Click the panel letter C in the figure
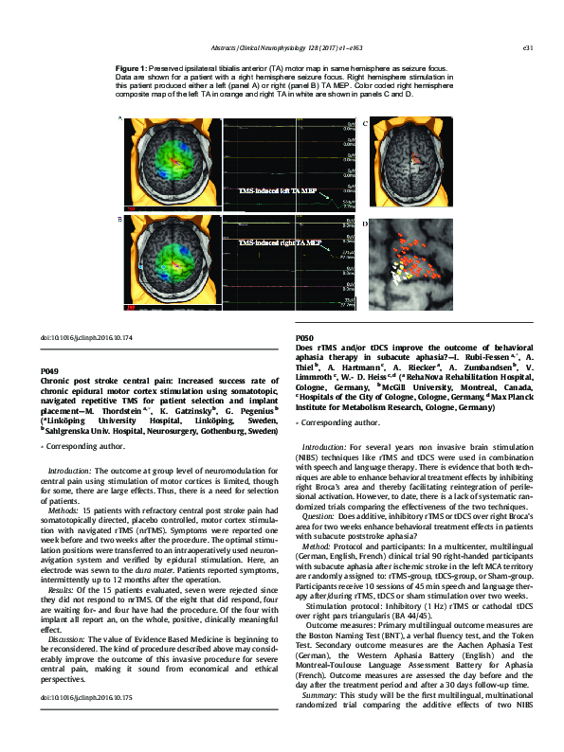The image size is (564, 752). pyautogui.click(x=365, y=123)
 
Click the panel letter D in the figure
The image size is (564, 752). pyautogui.click(x=365, y=224)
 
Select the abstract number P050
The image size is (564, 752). pyautogui.click(x=305, y=338)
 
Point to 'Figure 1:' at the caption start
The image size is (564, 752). pyautogui.click(x=130, y=70)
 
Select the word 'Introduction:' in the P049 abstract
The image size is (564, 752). pyautogui.click(x=69, y=470)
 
